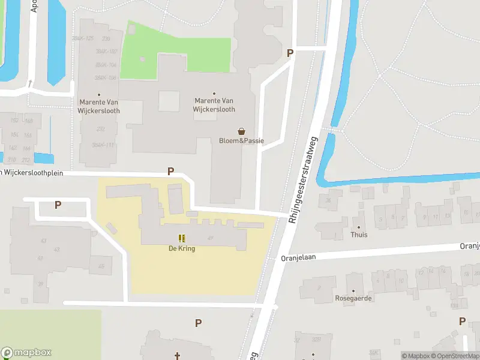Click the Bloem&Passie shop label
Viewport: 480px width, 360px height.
click(x=241, y=141)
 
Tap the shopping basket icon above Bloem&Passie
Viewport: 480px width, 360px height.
click(x=241, y=131)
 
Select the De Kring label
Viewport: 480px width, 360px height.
click(x=181, y=248)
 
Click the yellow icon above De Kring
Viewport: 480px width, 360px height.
click(x=181, y=238)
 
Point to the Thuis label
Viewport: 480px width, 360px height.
click(x=359, y=235)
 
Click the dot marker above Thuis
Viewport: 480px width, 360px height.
click(x=359, y=227)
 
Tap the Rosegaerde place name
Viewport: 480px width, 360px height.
click(x=353, y=298)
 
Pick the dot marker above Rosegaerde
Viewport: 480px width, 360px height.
click(x=353, y=290)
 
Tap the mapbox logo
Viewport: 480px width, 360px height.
click(x=26, y=353)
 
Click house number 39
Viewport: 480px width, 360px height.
click(x=41, y=284)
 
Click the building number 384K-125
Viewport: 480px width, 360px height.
click(x=83, y=38)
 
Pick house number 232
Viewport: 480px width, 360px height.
click(x=100, y=128)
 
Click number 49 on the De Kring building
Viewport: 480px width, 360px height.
click(x=211, y=238)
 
